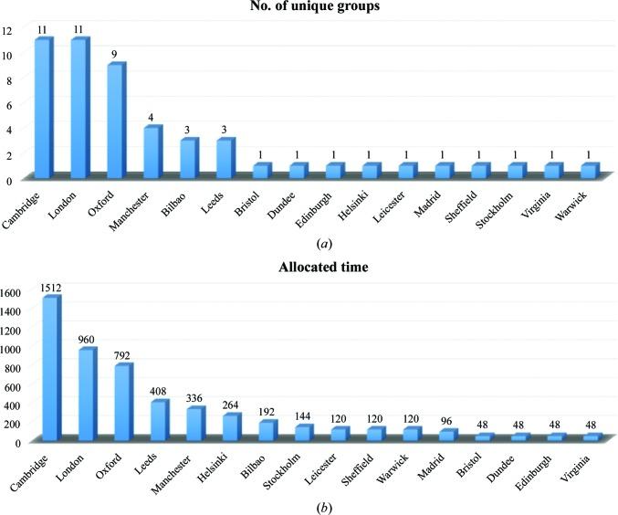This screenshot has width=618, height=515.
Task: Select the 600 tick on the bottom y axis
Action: coord(16,385)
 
